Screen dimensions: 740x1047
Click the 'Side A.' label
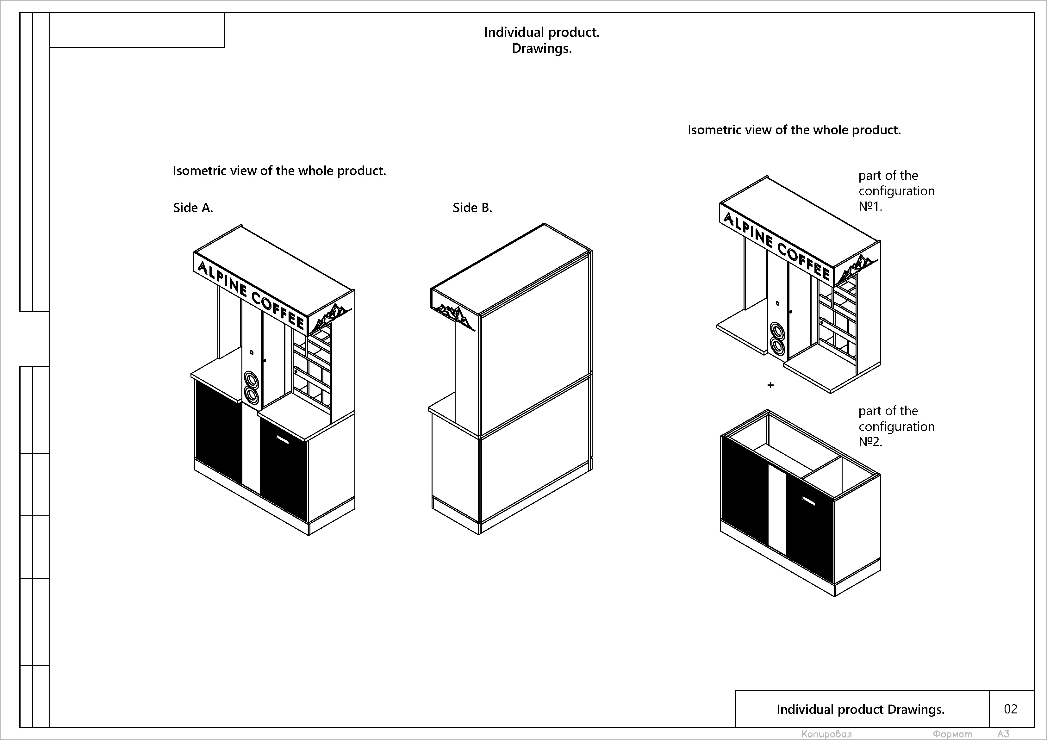pos(193,208)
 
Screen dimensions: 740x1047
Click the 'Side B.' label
pos(472,208)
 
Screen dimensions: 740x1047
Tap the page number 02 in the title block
pos(1011,709)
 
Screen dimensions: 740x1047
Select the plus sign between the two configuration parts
pos(771,385)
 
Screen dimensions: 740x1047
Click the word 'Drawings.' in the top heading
pos(541,48)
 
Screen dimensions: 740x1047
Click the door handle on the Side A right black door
pos(283,440)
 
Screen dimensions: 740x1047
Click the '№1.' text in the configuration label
pos(870,207)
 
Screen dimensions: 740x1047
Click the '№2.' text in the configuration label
pos(870,442)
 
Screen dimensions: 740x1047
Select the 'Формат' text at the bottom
pos(952,734)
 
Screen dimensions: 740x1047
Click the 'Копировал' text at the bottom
pos(826,734)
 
